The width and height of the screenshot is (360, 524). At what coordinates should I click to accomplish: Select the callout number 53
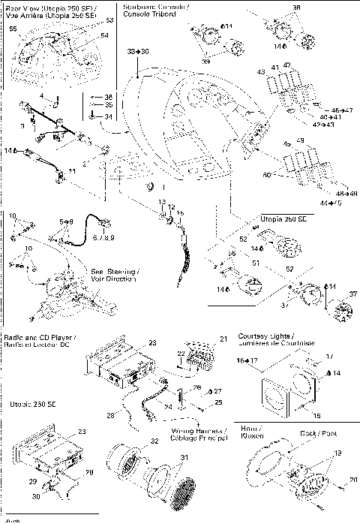[109, 20]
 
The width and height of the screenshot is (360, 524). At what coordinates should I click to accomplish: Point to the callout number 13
[160, 203]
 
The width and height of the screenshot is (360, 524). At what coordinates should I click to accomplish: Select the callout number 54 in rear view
[103, 35]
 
